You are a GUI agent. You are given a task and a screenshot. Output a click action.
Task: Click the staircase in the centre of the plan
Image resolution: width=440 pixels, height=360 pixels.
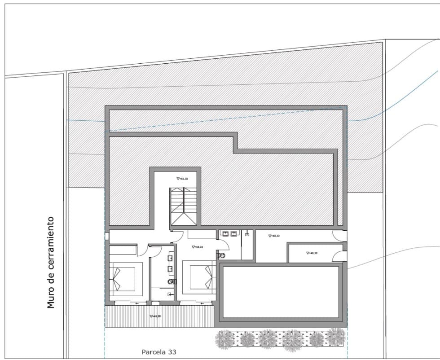coord(183,206)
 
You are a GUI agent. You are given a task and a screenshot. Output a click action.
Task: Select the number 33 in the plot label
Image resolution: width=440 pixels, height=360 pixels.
coord(172,352)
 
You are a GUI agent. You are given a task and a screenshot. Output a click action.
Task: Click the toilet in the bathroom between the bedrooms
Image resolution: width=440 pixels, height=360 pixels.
coord(171,281)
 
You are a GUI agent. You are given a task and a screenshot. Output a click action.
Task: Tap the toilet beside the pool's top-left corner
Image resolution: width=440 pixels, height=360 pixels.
coord(221,255)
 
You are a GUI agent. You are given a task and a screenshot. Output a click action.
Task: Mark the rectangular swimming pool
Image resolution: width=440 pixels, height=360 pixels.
coord(281,292)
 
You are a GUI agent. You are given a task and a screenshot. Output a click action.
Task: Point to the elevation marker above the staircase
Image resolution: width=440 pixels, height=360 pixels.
coord(182,179)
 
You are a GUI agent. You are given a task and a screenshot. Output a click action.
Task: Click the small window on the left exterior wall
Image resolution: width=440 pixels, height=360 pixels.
coord(107,236)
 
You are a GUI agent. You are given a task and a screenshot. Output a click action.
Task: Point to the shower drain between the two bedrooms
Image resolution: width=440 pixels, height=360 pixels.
coord(169,294)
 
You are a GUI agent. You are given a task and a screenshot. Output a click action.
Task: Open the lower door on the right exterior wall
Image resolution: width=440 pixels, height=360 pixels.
coord(339,256)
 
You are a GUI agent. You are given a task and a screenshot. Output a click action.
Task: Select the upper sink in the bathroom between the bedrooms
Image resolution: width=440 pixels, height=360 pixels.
coord(171,259)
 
